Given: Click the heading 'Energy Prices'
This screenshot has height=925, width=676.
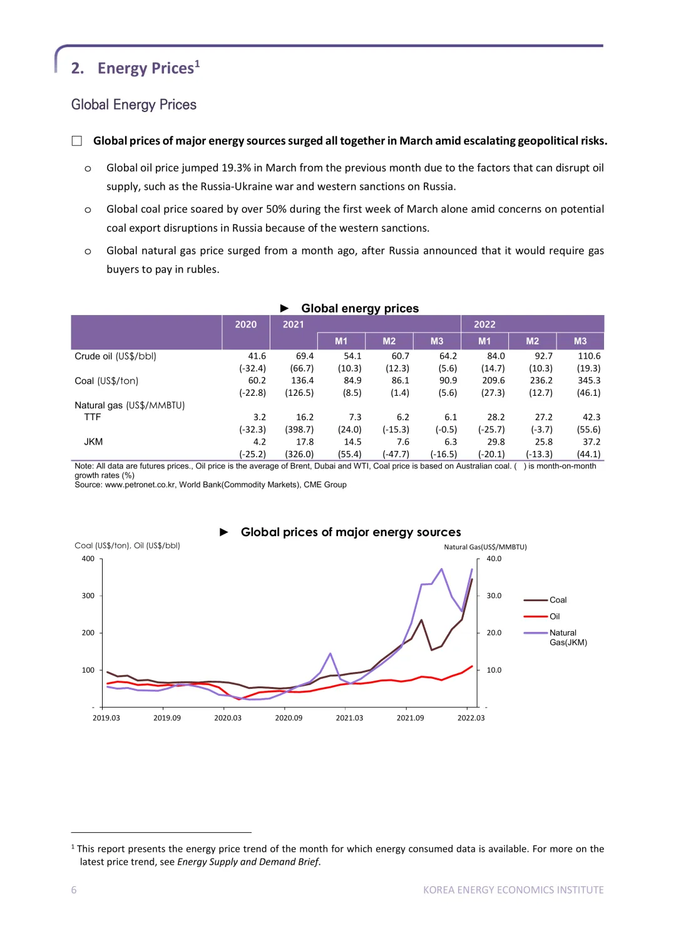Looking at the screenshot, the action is (146, 68).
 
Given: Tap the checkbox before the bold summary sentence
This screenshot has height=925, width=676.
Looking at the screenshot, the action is (77, 141).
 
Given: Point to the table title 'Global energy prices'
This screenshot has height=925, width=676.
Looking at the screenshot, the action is (360, 308).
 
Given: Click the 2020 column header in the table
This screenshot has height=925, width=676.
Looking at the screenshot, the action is (246, 324).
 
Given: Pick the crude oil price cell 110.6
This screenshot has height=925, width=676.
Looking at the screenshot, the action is (589, 356).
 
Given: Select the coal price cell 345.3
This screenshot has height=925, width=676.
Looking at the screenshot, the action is (589, 380).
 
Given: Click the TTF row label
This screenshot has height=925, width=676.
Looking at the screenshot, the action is (93, 417).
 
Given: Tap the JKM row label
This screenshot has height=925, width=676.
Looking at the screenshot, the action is (93, 442).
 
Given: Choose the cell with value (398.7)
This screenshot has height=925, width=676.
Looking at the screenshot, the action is (299, 430).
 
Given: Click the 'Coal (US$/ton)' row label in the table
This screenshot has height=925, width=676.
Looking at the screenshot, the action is (106, 381).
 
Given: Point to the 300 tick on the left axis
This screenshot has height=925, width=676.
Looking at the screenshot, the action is (88, 596).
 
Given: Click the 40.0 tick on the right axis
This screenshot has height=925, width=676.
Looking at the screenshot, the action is (494, 559).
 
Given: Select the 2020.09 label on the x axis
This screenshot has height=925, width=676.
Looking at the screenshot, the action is (289, 718).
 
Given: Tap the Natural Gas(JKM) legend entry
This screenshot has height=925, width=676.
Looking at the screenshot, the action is (555, 637).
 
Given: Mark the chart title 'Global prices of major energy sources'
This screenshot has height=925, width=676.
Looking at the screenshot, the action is (351, 532).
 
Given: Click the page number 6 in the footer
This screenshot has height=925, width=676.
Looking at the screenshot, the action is (74, 889).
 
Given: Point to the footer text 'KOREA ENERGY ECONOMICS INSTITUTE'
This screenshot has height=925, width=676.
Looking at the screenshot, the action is (513, 889).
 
